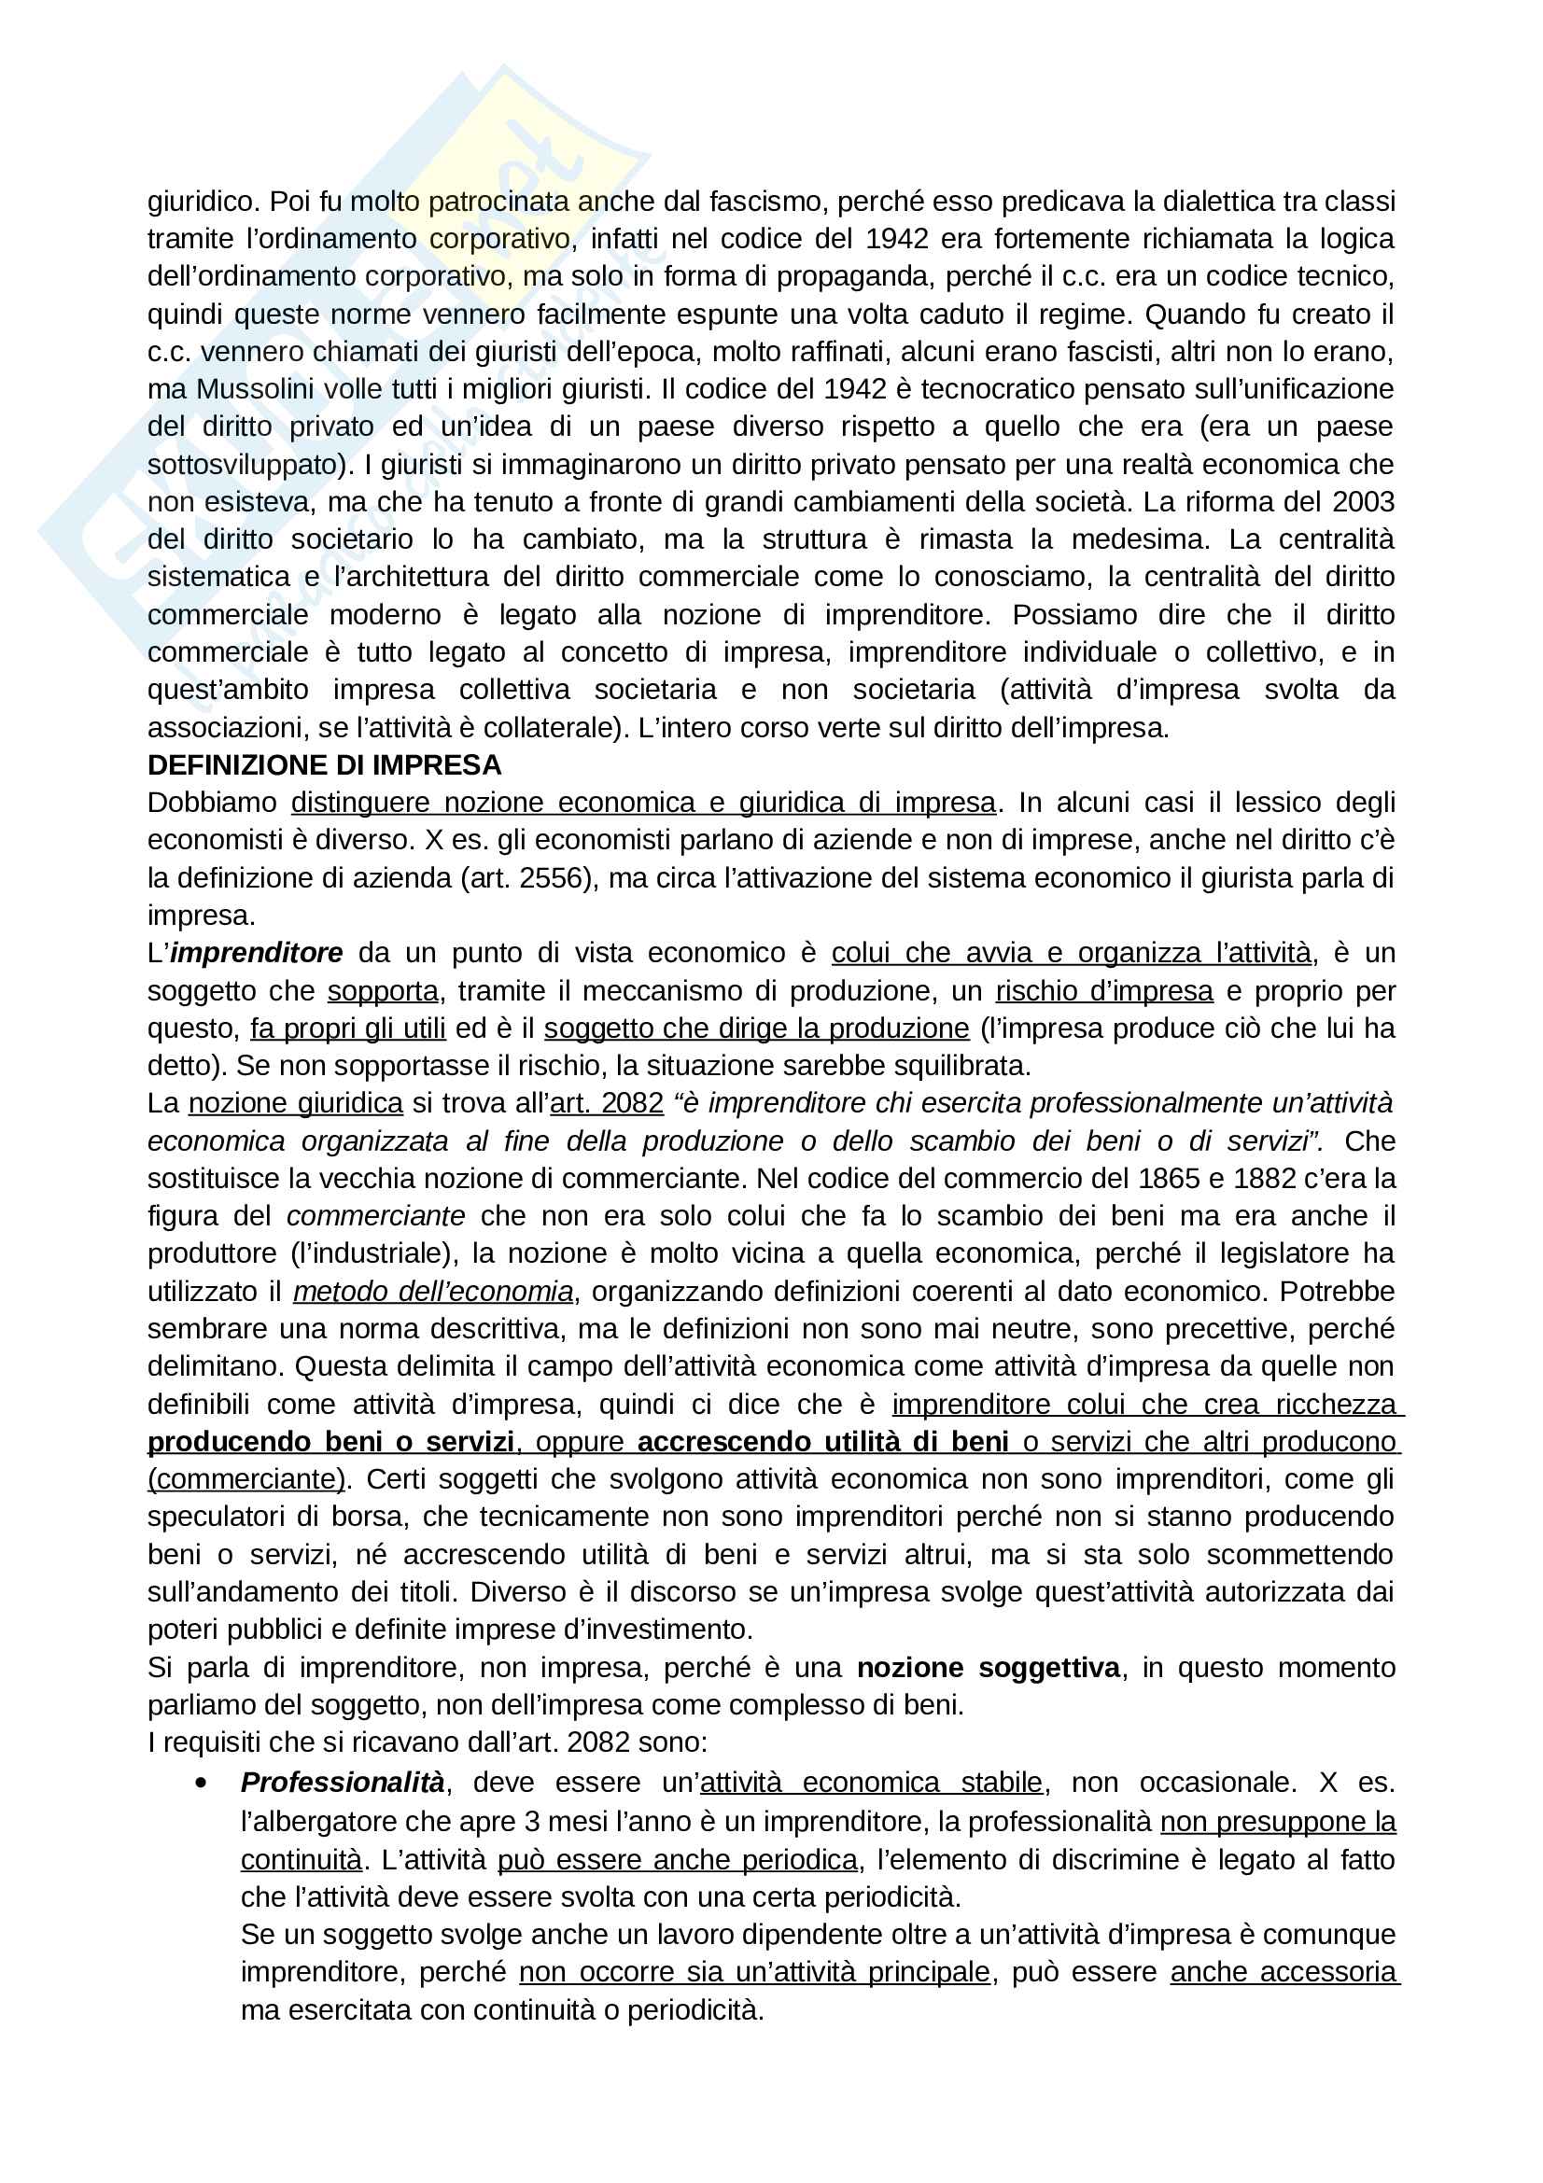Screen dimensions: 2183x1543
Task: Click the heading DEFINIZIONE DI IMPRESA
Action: click(324, 765)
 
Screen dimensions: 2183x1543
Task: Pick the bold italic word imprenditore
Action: click(256, 954)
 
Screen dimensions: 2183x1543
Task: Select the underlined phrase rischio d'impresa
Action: click(1103, 992)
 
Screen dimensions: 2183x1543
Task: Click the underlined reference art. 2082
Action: click(607, 1104)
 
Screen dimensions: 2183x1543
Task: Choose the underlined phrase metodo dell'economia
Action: click(432, 1292)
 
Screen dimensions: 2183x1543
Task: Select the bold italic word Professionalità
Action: click(343, 1783)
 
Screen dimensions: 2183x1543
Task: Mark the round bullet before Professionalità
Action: click(200, 1783)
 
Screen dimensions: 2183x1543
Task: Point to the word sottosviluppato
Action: click(245, 465)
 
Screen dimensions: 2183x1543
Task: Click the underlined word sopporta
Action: click(382, 992)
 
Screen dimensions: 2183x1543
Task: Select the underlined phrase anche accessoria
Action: click(1284, 1972)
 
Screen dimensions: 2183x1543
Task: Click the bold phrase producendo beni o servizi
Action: click(330, 1442)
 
